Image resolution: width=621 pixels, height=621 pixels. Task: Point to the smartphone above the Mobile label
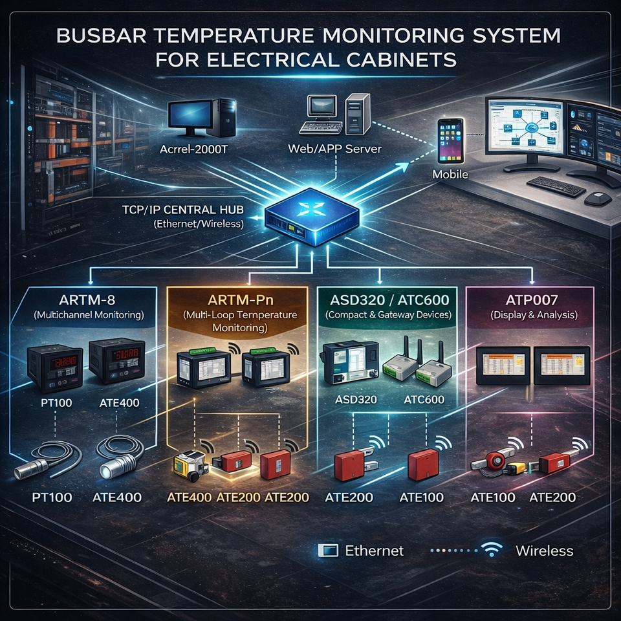click(450, 140)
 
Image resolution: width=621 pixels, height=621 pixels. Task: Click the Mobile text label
click(451, 175)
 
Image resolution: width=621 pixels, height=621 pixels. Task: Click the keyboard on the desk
click(556, 186)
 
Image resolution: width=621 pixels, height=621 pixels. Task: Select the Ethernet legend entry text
click(374, 550)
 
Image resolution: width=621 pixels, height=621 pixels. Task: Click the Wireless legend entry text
click(544, 550)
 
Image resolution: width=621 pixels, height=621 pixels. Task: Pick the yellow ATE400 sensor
click(190, 464)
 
